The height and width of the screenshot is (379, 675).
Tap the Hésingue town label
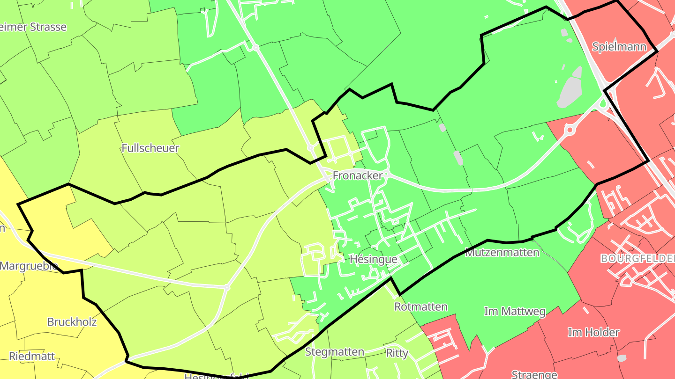(374, 259)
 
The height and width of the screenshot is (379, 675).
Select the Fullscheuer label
(150, 148)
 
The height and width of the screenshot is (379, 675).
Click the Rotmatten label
(421, 307)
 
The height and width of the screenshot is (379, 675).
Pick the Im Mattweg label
(514, 311)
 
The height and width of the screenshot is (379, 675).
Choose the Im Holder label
(593, 332)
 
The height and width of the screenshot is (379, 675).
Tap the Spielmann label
(619, 47)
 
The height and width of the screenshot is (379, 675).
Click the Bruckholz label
(72, 322)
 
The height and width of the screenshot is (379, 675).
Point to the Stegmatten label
(335, 352)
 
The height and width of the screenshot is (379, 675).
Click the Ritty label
(397, 353)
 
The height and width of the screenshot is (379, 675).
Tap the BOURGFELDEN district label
(637, 258)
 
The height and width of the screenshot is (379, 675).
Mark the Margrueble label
(29, 266)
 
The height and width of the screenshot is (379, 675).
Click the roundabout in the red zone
(570, 129)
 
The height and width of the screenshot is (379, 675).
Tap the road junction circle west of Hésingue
(227, 287)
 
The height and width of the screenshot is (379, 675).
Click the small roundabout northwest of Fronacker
(310, 148)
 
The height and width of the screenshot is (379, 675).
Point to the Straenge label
(534, 374)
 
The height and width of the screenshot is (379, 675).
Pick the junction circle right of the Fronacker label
(387, 175)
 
